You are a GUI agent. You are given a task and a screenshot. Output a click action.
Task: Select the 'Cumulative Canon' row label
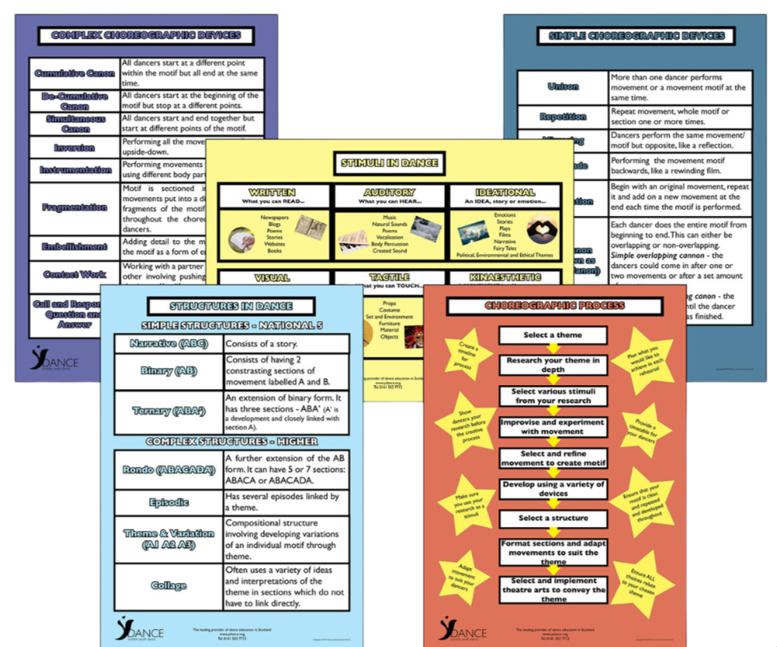coord(74,72)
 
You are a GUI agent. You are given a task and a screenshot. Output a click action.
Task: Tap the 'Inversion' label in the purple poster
coord(74,147)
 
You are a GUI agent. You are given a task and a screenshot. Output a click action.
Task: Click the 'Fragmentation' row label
coord(74,207)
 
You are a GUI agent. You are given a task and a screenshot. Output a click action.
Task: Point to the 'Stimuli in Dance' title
coord(389,163)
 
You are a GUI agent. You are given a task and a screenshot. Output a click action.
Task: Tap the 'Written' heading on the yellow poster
coord(273,192)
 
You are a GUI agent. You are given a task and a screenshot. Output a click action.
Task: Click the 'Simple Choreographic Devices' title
coord(636,36)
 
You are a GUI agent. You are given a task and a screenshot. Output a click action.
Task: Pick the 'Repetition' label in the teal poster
coord(563,117)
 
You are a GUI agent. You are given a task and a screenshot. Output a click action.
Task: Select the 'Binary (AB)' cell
coord(169,371)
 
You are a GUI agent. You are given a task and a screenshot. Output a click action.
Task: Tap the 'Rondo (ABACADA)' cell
coord(169,470)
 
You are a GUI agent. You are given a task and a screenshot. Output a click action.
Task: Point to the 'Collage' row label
coord(169,585)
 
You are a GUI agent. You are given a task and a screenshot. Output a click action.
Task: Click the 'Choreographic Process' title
coord(555,305)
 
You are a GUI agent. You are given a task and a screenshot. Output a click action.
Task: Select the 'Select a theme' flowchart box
coord(552,335)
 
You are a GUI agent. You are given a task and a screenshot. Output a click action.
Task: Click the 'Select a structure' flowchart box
coord(553,518)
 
